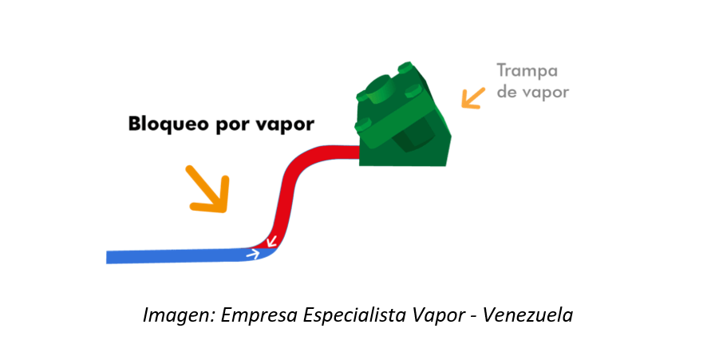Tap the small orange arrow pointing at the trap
tap(473, 97)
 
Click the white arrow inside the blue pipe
tap(253, 255)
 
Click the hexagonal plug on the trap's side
tap(409, 136)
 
